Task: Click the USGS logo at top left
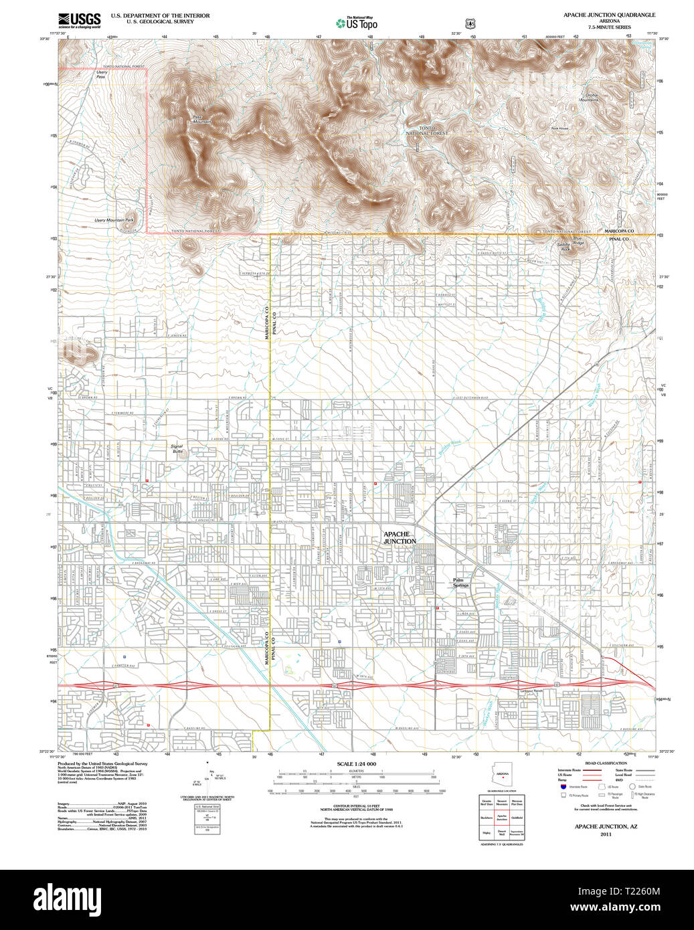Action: tap(79, 20)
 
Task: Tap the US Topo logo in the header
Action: tap(357, 23)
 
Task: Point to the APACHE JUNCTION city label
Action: tap(400, 537)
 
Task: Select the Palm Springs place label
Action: tap(460, 583)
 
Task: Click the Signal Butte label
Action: tap(177, 449)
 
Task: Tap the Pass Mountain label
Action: tap(201, 119)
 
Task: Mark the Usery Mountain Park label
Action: tap(114, 220)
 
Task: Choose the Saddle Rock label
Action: tap(563, 246)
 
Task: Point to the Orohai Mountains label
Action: tap(592, 97)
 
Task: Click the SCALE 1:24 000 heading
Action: tap(356, 764)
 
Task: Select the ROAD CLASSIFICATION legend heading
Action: tap(606, 763)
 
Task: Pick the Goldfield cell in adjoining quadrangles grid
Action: tap(517, 818)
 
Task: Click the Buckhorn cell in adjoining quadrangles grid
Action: tap(487, 818)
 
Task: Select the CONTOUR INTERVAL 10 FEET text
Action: tap(356, 807)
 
